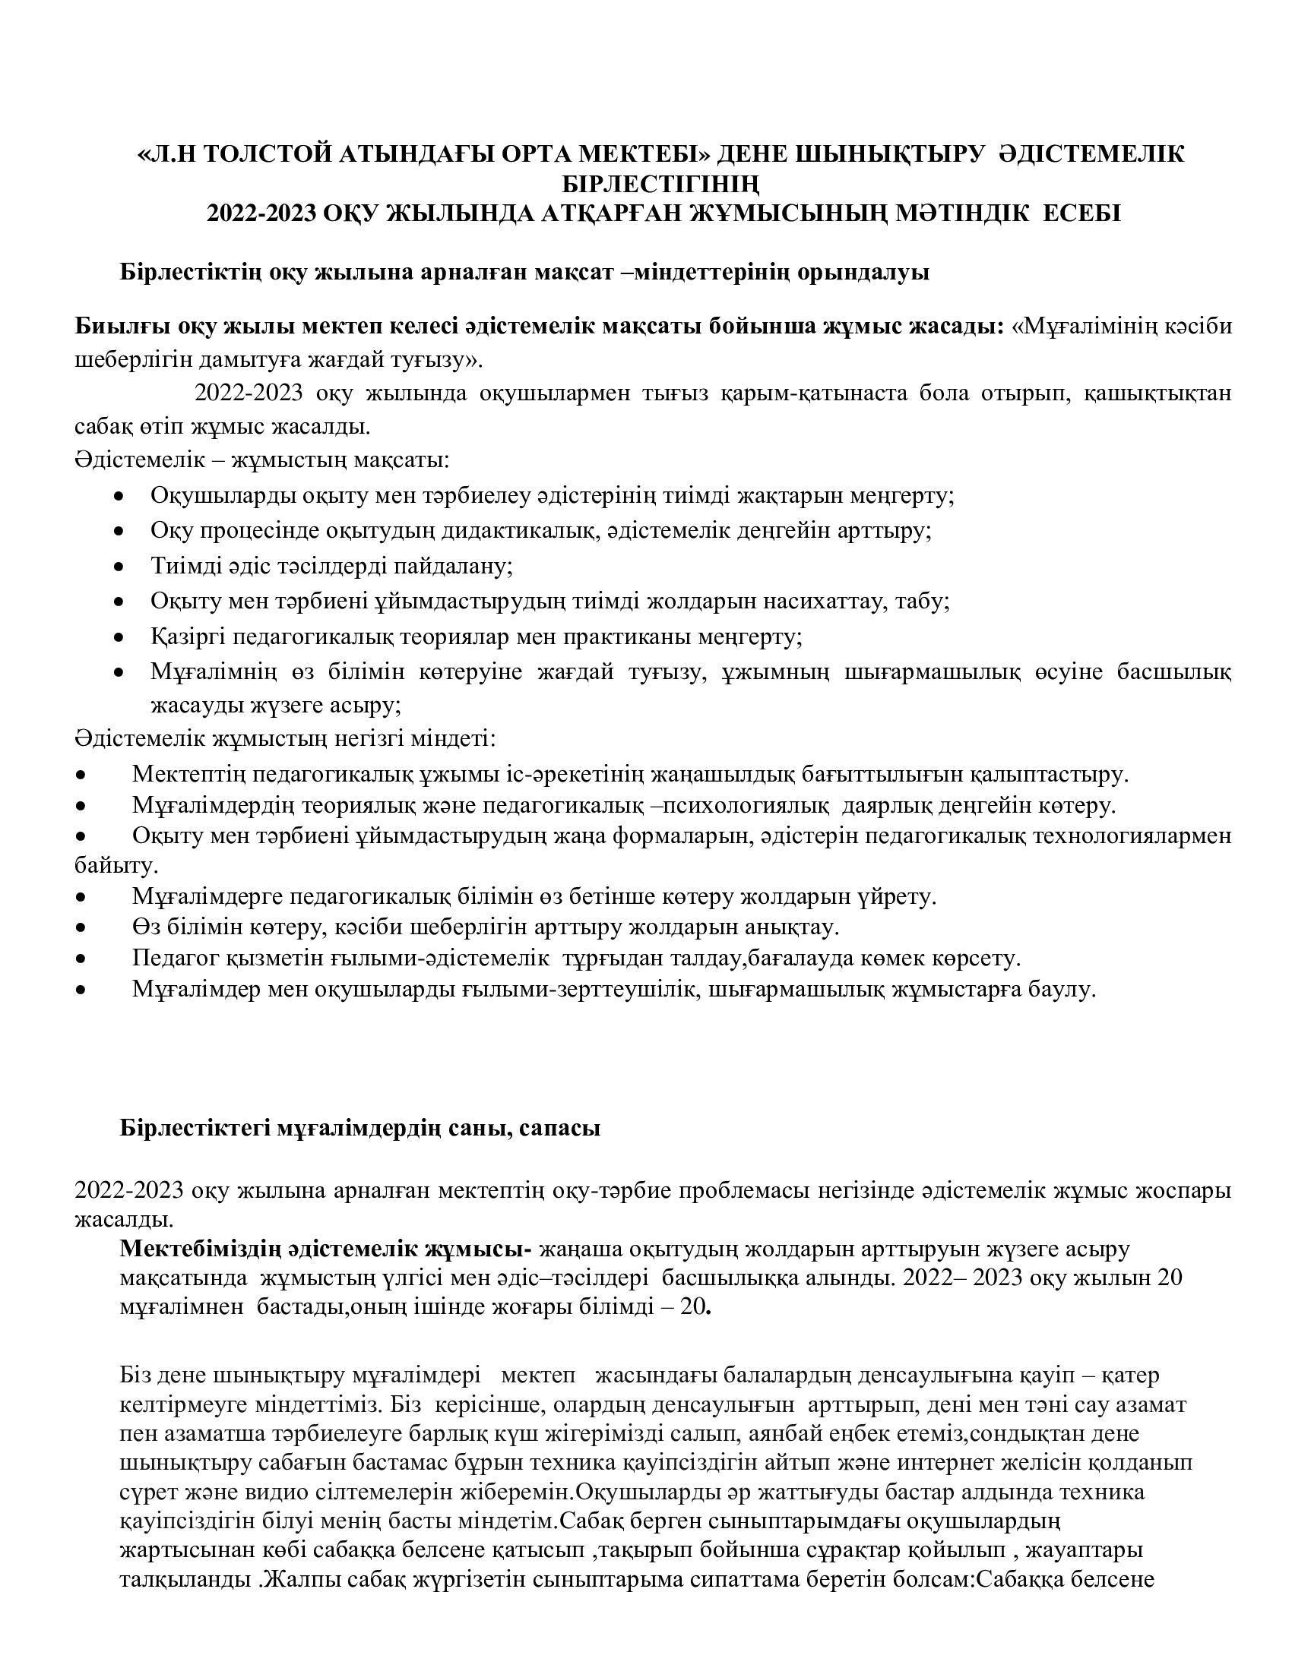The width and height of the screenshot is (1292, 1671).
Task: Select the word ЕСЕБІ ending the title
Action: tap(1082, 213)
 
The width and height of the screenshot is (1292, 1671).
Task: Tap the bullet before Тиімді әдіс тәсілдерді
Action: tap(119, 567)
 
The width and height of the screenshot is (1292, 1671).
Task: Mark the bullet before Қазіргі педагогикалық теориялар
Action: tap(119, 637)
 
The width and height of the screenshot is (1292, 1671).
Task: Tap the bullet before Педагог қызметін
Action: tap(81, 959)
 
